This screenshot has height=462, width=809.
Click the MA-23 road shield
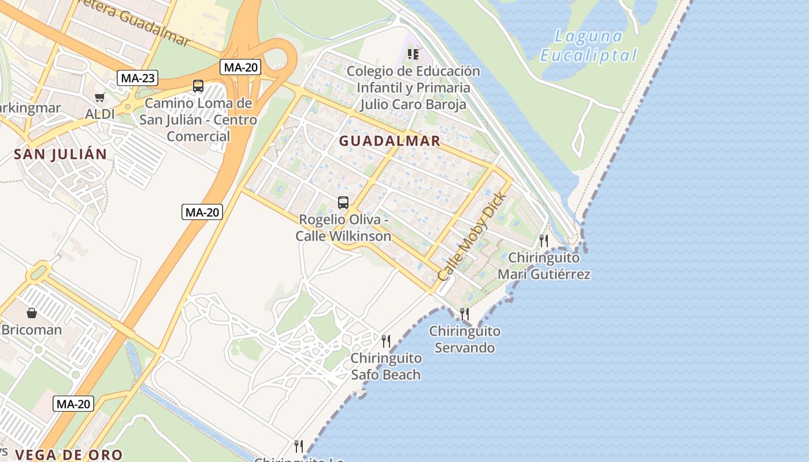138,78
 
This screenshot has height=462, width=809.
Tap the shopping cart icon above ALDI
101,98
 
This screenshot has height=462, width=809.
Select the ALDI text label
100,114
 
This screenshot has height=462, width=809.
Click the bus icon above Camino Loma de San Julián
198,86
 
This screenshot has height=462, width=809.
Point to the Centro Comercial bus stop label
198,128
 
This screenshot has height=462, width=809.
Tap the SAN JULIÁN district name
61,154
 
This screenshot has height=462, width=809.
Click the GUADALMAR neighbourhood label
389,141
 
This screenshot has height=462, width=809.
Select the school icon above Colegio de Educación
413,54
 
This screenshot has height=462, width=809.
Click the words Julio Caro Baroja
413,105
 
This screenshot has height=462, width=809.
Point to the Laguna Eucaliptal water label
588,46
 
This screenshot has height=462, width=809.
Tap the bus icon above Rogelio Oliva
343,203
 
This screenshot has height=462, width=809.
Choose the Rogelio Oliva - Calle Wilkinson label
343,228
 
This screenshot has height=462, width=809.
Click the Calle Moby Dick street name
472,237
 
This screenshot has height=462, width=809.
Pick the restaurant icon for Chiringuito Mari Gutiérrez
544,240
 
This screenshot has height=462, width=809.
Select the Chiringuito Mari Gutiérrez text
544,266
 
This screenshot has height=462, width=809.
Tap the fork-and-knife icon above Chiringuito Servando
465,314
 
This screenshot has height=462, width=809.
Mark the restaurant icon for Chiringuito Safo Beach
386,341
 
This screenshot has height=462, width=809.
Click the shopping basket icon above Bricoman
32,313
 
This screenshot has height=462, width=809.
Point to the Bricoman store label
32,330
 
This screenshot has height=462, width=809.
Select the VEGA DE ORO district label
69,454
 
